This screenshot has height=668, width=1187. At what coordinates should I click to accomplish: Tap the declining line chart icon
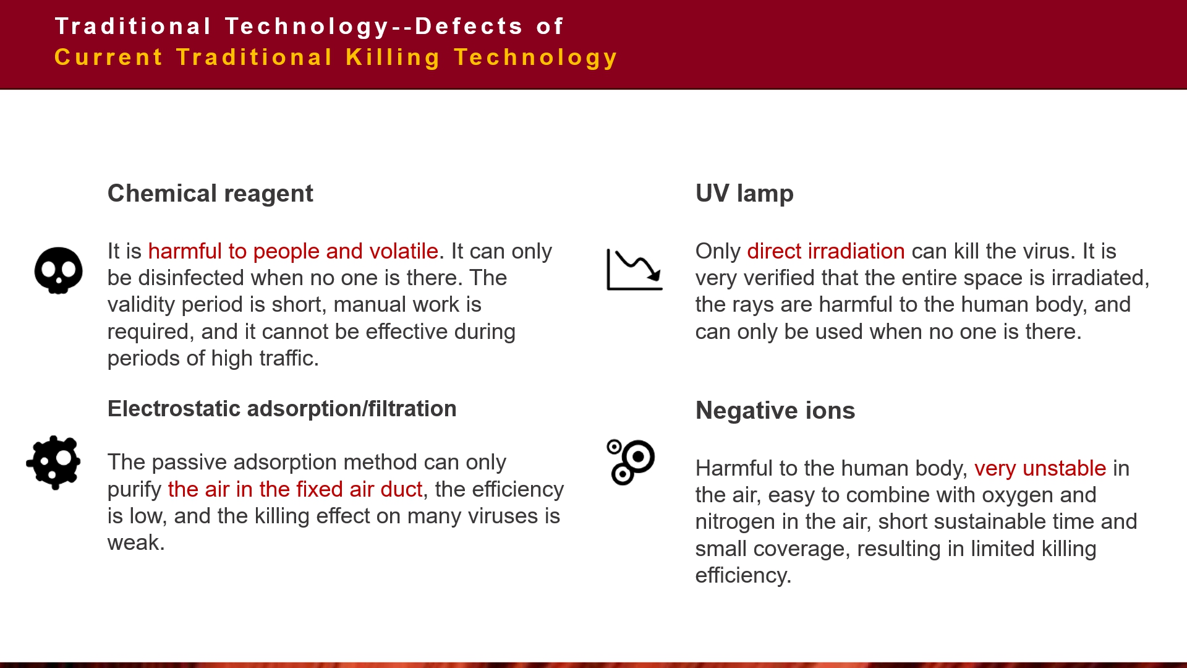point(634,270)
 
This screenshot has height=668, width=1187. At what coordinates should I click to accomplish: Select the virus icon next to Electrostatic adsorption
point(54,463)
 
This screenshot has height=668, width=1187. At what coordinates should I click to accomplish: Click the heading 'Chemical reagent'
point(210,194)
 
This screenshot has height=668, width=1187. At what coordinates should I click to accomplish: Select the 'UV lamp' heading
point(744,194)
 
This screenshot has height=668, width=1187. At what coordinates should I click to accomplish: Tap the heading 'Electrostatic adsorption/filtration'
point(282,409)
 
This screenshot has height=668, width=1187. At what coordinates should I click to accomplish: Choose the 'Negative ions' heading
point(775,411)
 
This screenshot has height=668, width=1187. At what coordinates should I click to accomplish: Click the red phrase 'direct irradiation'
point(826,251)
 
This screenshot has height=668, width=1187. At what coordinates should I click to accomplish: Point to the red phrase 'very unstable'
point(1040,468)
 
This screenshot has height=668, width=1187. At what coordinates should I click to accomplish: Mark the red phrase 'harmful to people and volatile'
point(293,251)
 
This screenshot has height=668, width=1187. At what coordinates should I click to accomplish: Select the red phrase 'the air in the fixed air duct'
point(295,489)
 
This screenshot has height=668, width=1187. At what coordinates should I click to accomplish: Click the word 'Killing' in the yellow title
point(393,58)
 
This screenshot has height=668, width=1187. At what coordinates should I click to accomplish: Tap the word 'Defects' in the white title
point(469,27)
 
